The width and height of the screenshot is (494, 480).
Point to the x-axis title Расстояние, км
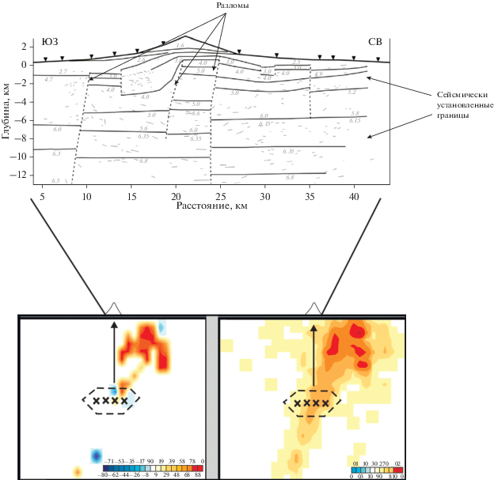213,206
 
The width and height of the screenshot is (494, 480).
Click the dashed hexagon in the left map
111,400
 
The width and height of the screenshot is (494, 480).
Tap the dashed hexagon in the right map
312,403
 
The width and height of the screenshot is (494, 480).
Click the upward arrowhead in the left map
114,324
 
